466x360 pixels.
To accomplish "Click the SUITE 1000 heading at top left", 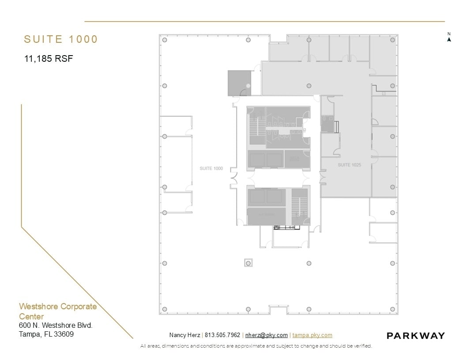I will point(61,39).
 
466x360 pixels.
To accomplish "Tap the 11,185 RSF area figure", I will point(49,58).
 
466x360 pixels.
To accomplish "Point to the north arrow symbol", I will point(449,39).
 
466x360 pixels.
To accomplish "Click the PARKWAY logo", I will point(416,336).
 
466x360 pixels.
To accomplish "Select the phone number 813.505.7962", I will point(222,335).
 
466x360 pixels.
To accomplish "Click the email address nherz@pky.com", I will point(267,335).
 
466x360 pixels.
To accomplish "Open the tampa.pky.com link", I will point(312,335).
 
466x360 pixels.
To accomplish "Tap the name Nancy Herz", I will point(184,335).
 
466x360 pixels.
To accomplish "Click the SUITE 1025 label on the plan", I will point(349,165).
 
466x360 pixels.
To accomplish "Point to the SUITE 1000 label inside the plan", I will point(211,169).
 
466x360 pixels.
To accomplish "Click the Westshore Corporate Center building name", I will point(57,311).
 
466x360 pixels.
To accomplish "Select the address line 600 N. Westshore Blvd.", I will point(56,326).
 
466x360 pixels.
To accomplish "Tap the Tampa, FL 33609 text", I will point(46,334).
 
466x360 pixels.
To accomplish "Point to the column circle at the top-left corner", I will point(165,40).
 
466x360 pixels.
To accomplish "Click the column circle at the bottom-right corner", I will point(392,309).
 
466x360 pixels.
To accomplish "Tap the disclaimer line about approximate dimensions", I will point(256,346).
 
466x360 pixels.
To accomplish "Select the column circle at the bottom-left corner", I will point(165,309).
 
